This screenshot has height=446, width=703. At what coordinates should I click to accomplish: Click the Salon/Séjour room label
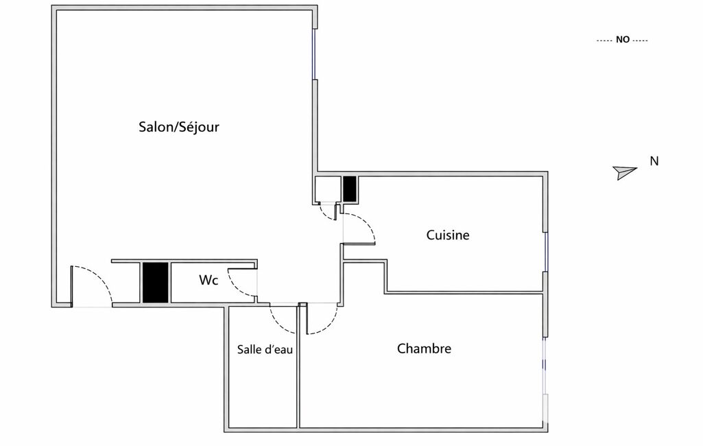click(179, 127)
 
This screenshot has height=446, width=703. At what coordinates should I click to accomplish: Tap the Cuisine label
click(448, 235)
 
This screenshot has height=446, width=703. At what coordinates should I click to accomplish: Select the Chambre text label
click(424, 349)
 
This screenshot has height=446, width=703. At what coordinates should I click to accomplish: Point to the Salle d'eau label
click(265, 349)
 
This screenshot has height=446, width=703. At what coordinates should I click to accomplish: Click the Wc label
click(208, 280)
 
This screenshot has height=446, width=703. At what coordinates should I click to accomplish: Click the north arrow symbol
click(625, 172)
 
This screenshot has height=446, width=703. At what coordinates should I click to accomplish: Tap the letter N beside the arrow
click(654, 161)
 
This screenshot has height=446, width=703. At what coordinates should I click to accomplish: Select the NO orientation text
click(623, 40)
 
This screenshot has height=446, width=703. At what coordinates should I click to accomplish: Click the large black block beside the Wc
click(156, 282)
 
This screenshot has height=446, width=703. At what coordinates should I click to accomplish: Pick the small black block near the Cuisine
click(350, 189)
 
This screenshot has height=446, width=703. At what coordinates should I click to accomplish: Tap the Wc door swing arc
click(242, 283)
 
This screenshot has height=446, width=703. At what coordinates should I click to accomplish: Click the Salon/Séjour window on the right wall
click(315, 54)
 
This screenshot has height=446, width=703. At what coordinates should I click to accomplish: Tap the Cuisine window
click(546, 253)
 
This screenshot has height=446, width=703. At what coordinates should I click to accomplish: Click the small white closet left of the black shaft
click(328, 189)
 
